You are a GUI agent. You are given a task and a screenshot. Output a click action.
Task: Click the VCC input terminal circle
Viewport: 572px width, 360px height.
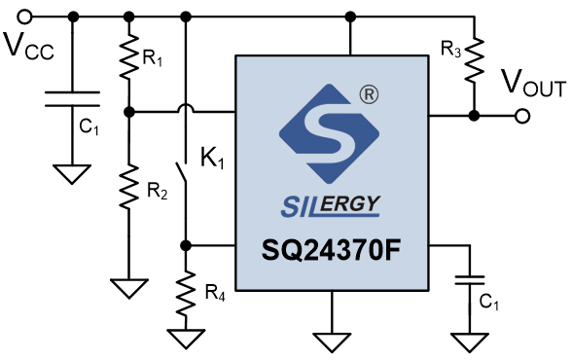pos(25,17)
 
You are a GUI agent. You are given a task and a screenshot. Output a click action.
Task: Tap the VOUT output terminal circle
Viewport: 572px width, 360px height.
pos(522,117)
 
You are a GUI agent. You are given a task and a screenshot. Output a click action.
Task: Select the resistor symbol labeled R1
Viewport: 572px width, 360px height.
pos(129,55)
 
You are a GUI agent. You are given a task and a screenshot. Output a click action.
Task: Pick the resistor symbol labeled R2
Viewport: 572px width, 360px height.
pos(129,187)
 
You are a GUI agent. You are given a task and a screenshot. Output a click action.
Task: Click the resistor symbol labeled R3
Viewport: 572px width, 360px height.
pos(475,59)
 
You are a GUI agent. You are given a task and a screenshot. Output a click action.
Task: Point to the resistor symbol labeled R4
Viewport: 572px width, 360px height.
pos(186,293)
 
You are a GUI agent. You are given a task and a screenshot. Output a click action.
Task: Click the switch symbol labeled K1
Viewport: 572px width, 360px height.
pos(183,171)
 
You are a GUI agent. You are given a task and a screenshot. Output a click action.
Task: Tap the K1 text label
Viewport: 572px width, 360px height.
pos(212,159)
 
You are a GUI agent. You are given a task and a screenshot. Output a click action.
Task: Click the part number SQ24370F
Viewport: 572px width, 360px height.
pos(331,250)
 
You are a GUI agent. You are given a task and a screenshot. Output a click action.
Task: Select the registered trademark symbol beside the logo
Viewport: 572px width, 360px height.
pos(370,94)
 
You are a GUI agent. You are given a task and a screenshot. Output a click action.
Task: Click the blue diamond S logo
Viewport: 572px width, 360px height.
pos(329,134)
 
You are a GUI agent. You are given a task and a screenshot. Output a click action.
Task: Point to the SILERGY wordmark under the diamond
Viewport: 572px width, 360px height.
pos(331,206)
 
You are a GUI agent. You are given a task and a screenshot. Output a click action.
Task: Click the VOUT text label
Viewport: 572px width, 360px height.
pos(533,83)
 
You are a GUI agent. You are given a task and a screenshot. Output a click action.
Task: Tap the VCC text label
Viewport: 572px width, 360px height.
pos(29,46)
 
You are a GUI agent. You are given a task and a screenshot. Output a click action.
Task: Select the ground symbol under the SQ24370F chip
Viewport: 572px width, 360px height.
pos(332,342)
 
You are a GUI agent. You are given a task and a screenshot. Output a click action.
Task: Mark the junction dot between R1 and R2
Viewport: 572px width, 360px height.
pos(129,112)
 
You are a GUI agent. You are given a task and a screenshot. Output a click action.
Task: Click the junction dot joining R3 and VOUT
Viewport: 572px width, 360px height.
pos(475,117)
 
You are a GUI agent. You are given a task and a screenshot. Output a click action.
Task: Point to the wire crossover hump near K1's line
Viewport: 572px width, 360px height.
pos(186,108)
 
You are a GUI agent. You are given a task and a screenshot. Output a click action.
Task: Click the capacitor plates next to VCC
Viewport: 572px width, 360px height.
pos(72,99)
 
